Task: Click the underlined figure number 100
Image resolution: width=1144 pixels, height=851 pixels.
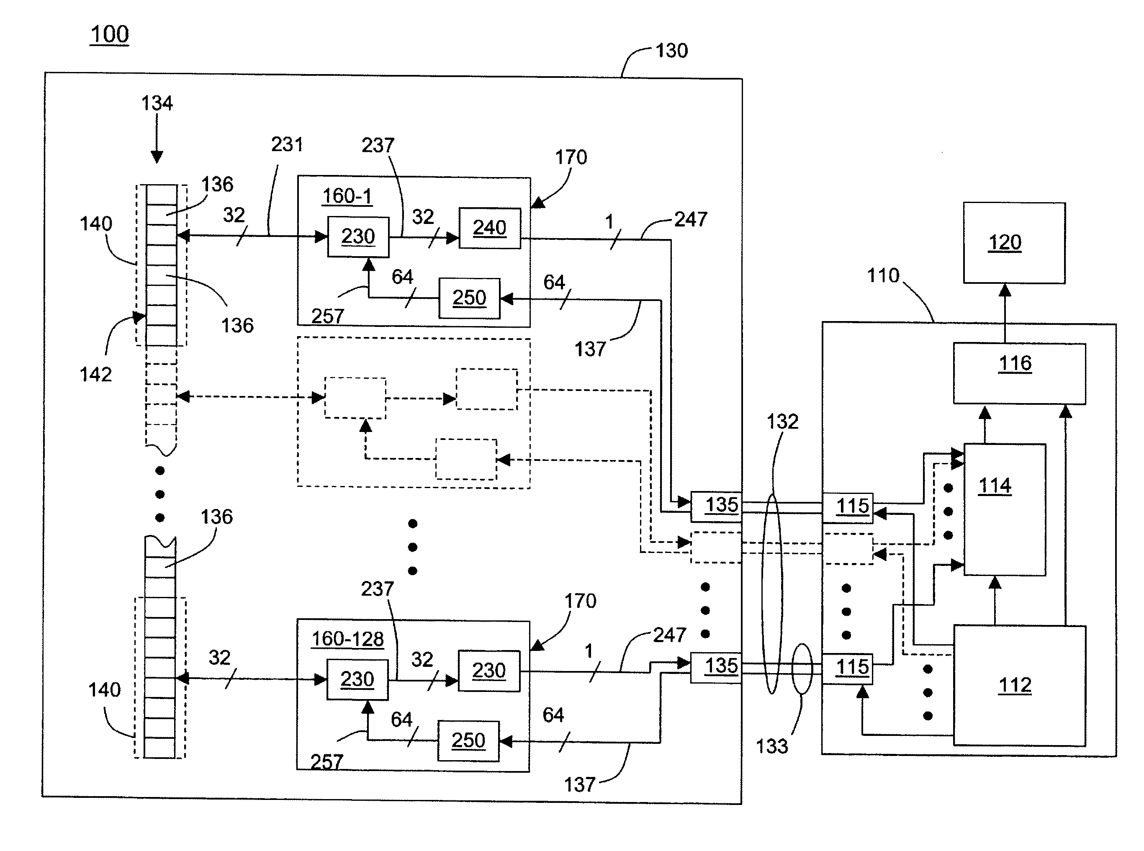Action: click(109, 34)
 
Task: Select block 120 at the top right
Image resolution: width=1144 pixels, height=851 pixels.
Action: click(1014, 243)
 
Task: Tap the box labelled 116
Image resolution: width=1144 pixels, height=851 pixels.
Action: click(1019, 373)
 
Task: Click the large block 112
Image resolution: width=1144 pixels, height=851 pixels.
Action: click(1019, 685)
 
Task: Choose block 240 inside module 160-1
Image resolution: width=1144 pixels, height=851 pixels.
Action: click(489, 228)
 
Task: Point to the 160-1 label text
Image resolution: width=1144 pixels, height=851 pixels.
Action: click(347, 196)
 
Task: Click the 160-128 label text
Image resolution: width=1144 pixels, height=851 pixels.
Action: click(348, 639)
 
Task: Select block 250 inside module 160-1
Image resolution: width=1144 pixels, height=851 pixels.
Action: click(469, 298)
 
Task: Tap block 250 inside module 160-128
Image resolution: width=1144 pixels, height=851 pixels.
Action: click(468, 741)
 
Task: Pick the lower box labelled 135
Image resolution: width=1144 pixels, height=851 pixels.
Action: click(716, 667)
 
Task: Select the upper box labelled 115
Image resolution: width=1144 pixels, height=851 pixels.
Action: click(847, 507)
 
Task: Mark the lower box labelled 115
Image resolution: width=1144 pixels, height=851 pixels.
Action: click(847, 668)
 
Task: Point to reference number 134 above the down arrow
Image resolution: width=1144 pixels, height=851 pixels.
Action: click(157, 103)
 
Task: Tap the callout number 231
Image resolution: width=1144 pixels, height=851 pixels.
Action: click(287, 145)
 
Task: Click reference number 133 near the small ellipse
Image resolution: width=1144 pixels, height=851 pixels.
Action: click(771, 746)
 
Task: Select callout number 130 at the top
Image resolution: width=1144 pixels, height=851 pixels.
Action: click(671, 51)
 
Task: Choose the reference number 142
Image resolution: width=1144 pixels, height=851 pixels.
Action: click(96, 375)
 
